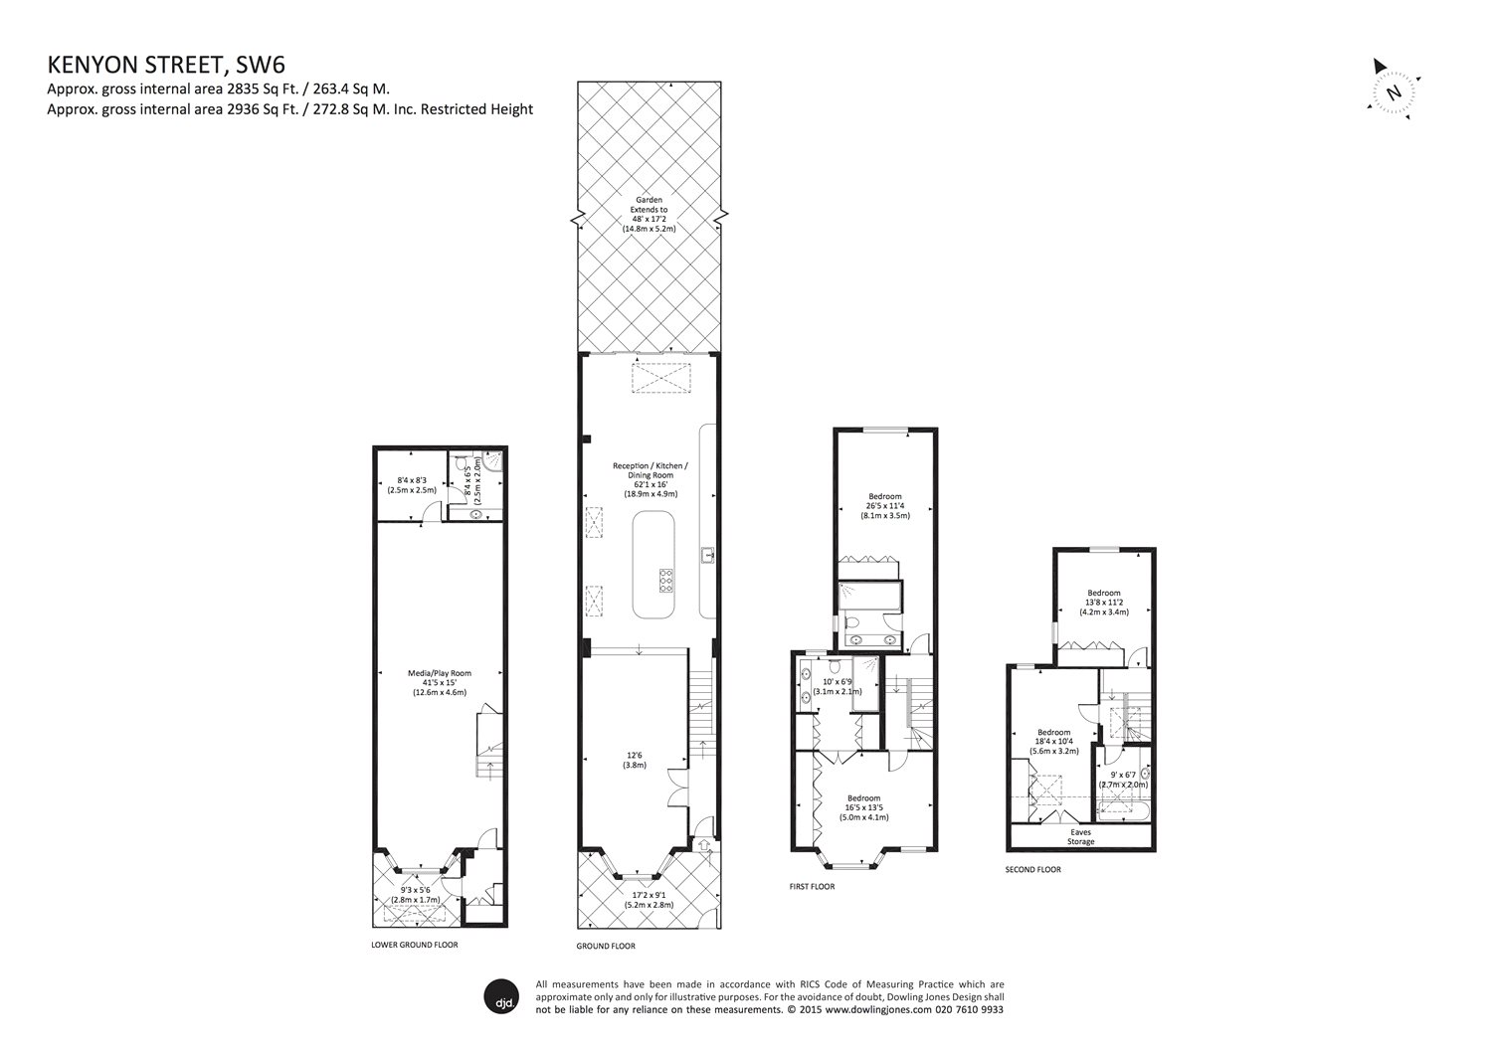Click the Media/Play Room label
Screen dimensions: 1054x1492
click(439, 682)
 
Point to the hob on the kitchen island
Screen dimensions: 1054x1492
click(664, 580)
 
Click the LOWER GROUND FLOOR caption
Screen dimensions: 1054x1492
click(415, 945)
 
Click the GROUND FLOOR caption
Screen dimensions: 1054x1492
click(605, 947)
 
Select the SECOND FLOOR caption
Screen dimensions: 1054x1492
click(1032, 869)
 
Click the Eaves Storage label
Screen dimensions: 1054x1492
click(1080, 837)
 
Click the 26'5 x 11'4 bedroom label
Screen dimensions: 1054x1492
click(885, 506)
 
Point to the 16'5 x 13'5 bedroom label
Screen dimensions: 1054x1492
click(863, 807)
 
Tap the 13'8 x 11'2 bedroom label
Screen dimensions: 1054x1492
click(1103, 603)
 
